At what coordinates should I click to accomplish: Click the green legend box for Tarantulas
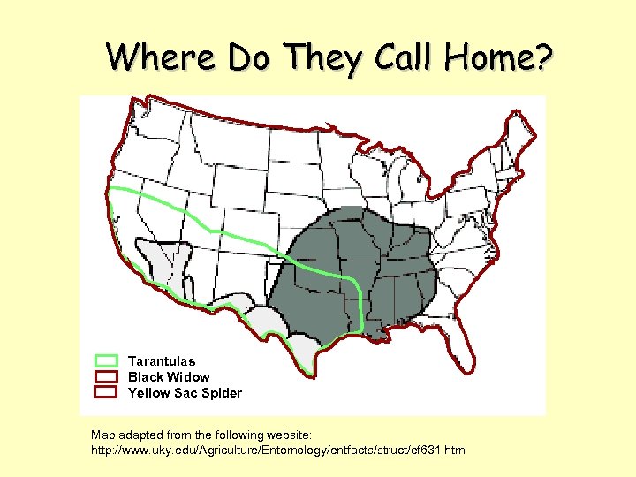106,360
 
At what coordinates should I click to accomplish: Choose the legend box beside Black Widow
106,376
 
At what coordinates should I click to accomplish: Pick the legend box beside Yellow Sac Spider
106,392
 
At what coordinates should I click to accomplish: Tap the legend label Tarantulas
162,360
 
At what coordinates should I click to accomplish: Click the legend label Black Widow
169,376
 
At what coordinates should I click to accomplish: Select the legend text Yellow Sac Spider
185,392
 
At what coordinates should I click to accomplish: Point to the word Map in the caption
102,435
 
